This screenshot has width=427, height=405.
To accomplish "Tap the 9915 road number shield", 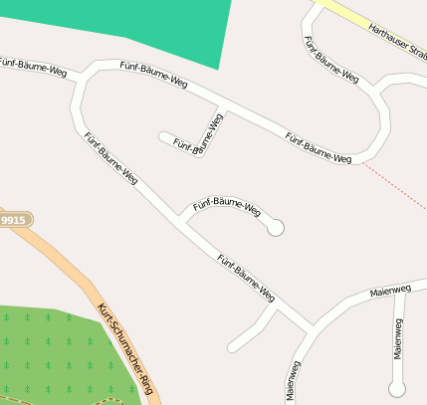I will click(x=13, y=220).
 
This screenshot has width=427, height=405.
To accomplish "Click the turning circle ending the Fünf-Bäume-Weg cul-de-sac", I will click(x=276, y=228).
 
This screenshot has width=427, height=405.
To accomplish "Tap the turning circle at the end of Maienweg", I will click(x=398, y=388).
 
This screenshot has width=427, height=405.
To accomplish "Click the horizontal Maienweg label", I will click(x=389, y=292).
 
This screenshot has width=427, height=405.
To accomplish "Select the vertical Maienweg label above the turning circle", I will click(x=398, y=338).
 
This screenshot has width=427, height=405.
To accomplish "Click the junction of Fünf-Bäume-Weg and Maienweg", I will click(x=310, y=327).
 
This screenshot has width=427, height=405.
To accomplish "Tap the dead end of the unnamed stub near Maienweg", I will click(x=232, y=348).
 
